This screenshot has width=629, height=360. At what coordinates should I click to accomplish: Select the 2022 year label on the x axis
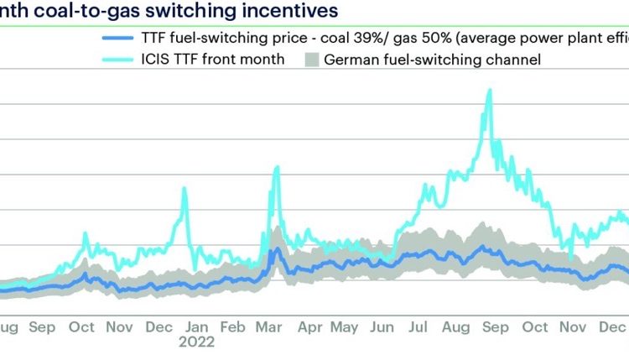pyautogui.click(x=197, y=342)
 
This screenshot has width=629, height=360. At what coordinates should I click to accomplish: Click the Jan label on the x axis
pyautogui.click(x=197, y=327)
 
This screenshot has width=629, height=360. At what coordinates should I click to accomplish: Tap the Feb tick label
pyautogui.click(x=232, y=327)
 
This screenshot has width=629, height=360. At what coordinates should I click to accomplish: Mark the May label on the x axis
pyautogui.click(x=345, y=327)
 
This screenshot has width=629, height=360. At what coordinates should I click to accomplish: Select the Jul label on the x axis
pyautogui.click(x=418, y=327)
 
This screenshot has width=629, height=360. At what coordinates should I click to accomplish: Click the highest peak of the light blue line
pyautogui.click(x=488, y=91)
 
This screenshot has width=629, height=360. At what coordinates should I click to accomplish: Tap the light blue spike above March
pyautogui.click(x=276, y=168)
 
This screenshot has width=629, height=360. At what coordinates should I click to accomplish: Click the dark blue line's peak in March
pyautogui.click(x=276, y=248)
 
